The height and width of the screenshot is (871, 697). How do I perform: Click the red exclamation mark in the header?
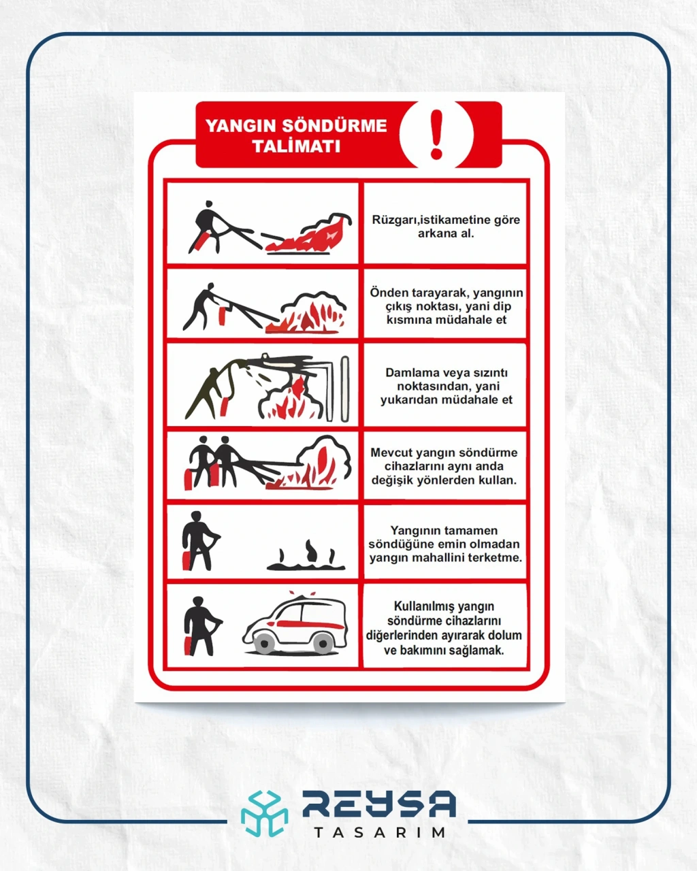436,134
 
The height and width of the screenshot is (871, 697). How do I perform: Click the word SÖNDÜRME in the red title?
334,126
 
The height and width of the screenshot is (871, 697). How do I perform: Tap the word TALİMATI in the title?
296,146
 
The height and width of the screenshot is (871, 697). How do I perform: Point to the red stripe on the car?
310,624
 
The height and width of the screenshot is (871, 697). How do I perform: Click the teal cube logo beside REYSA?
265,814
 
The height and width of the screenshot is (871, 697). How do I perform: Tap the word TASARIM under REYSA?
380,832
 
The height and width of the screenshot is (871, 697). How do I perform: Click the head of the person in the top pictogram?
208,203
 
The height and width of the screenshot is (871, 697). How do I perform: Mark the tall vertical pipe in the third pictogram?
344,389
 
